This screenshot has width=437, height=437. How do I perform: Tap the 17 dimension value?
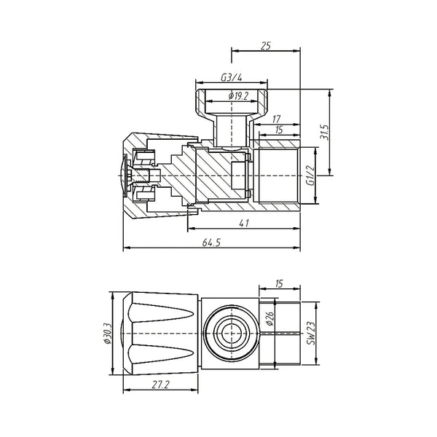click(x=276, y=118)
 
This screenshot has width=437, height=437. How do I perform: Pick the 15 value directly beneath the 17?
click(x=278, y=131)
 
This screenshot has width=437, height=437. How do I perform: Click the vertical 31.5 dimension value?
click(x=326, y=133)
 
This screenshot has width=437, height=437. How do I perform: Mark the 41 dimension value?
click(x=245, y=223)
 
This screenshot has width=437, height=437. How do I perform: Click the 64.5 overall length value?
click(x=210, y=243)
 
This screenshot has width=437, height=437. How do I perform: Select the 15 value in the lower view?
click(x=277, y=283)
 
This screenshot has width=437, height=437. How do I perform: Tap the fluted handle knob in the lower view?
click(x=161, y=334)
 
